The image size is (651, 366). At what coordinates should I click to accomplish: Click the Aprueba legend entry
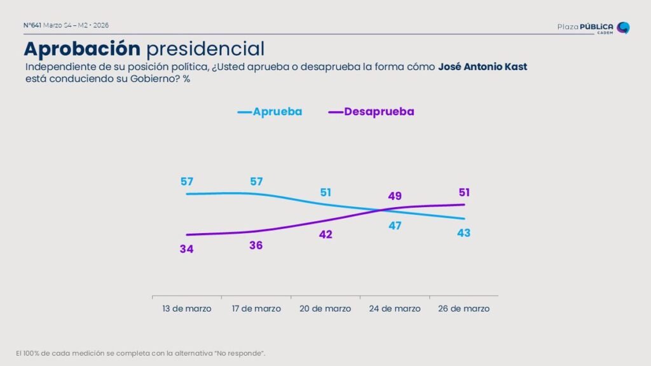270,112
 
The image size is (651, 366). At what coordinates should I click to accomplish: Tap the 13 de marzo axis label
186,309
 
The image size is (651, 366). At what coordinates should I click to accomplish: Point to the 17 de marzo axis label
256,309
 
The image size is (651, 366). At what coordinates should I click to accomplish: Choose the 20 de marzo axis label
325,309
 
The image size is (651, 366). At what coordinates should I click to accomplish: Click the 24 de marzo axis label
395,309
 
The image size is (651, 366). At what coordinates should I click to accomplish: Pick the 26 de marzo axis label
464,309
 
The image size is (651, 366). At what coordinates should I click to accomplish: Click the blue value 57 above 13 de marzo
186,182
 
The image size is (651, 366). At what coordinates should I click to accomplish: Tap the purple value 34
186,249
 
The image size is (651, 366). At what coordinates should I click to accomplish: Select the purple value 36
256,245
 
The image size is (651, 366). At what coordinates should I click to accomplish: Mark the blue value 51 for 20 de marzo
325,193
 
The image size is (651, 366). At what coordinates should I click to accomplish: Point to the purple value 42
325,234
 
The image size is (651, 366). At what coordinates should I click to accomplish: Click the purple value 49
395,196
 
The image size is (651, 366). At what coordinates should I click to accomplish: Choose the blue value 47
395,226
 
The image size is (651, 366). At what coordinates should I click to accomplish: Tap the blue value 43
464,233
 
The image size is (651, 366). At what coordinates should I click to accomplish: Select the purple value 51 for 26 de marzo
464,193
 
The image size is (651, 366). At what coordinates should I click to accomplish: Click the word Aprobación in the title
82,48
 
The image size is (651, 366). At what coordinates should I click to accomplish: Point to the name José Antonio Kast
483,67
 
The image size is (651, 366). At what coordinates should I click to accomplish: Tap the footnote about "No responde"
140,353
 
